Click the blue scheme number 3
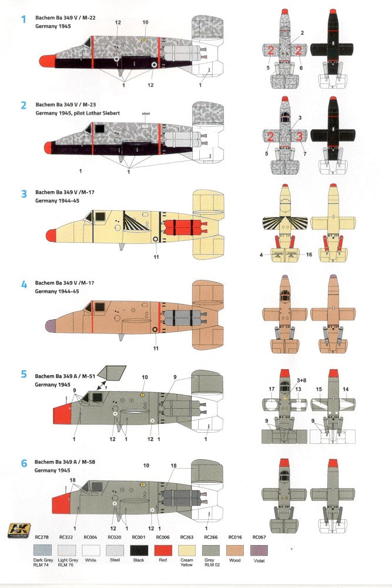point(24,194)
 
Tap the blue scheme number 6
point(24,463)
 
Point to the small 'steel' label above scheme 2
point(146,112)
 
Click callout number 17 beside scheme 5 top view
point(272,389)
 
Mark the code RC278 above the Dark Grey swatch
point(42,537)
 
